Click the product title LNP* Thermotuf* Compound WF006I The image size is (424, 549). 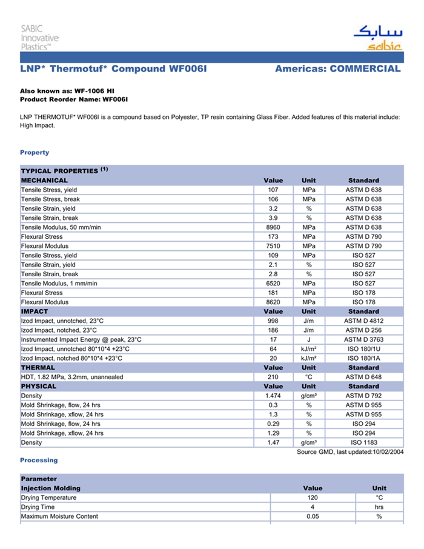(x=113, y=68)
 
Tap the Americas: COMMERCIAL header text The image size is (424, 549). (x=337, y=68)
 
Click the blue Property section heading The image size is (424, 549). (x=35, y=152)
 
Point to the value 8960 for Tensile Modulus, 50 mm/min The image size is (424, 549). (x=273, y=227)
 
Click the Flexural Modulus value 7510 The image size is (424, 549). (x=273, y=246)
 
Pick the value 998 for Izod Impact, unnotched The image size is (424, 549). (x=273, y=321)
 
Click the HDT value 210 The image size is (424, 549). (x=273, y=377)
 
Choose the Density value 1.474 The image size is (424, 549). (x=273, y=396)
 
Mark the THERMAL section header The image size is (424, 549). (x=38, y=367)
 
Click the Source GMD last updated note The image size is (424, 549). (x=349, y=452)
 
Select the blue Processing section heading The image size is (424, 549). (x=39, y=461)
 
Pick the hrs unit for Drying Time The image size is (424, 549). (x=379, y=507)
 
